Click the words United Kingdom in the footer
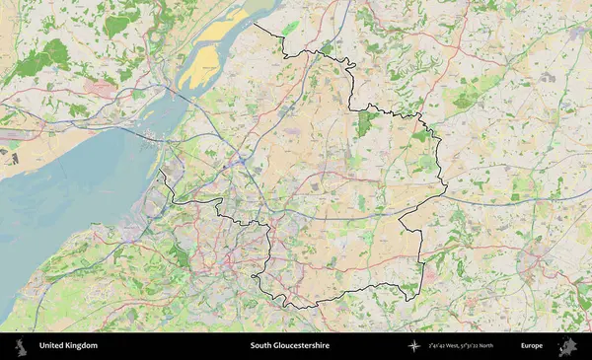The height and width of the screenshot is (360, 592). click(68, 346)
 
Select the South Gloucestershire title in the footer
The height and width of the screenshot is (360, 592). click(289, 346)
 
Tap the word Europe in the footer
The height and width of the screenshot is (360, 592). click(532, 346)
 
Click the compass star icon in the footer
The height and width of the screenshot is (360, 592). click(413, 346)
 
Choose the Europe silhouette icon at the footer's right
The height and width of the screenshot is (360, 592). click(568, 346)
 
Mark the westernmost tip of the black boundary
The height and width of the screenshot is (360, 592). click(160, 171)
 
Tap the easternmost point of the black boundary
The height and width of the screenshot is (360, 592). click(447, 187)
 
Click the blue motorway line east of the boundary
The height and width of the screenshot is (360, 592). click(513, 198)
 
